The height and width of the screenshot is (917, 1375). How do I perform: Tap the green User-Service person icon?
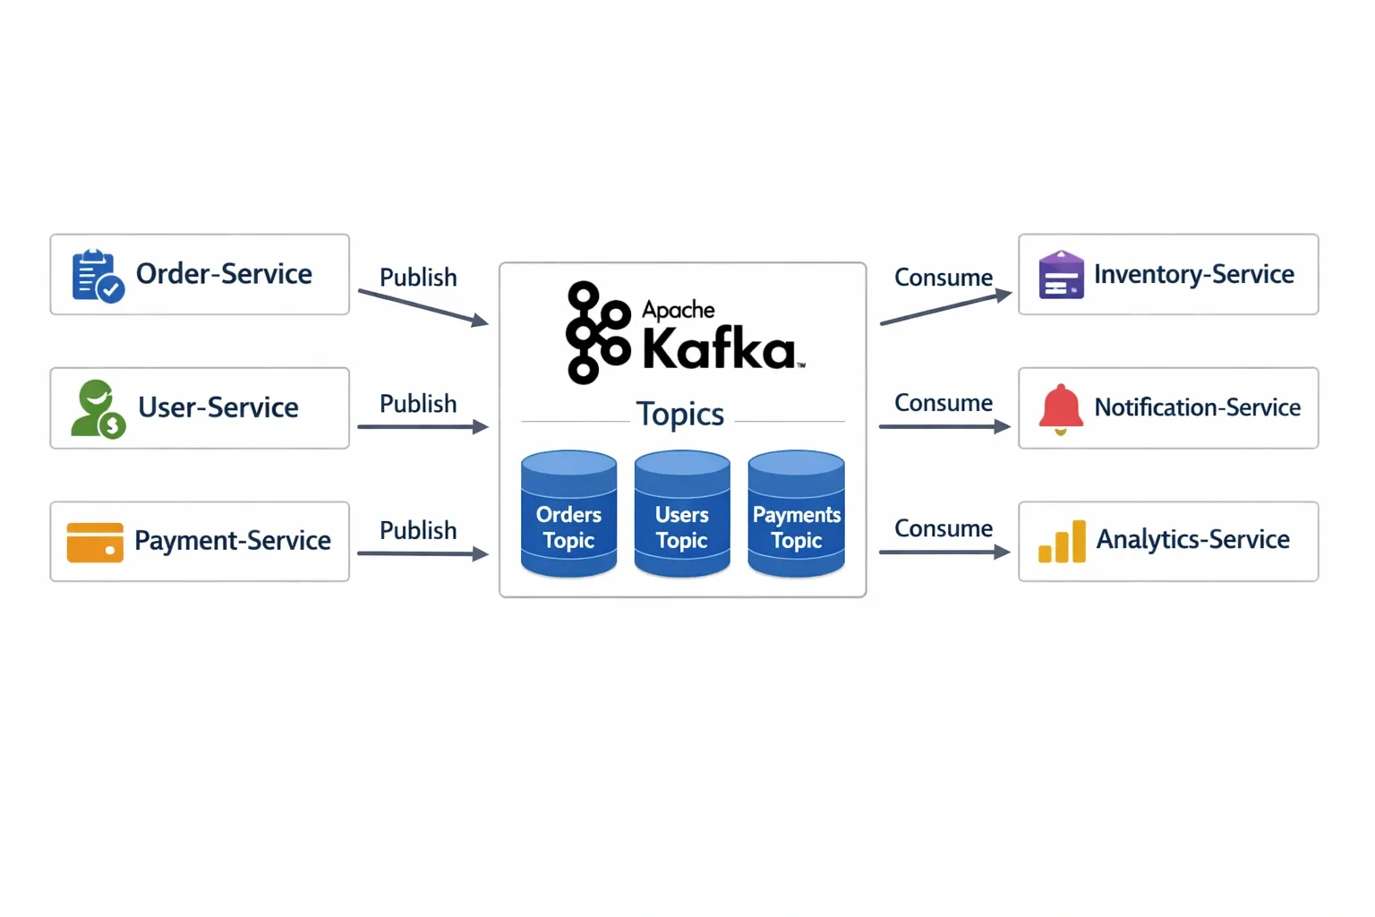point(98,409)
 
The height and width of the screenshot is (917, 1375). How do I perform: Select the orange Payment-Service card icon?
point(95,542)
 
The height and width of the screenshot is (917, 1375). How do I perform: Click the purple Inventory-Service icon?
point(1061,274)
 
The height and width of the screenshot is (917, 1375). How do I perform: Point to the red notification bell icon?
point(1061,408)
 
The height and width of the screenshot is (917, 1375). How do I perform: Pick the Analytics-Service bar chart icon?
point(1062,542)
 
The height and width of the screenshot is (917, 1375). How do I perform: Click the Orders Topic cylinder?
point(568,514)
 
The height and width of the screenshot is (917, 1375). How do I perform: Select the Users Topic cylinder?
point(682,514)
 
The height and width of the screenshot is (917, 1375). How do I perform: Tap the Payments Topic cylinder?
point(796,514)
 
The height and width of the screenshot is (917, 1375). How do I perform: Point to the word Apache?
point(679,310)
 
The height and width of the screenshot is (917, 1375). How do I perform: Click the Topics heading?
point(680,414)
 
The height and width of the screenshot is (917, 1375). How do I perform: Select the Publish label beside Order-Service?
point(418,278)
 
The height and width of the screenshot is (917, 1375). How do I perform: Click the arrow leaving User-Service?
point(423,427)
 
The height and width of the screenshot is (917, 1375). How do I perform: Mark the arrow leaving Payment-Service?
point(423,553)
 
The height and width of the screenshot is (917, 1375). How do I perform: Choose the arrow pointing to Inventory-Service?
point(945,307)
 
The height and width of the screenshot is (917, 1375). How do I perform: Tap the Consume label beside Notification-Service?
point(944,403)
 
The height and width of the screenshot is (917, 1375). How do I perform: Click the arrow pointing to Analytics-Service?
point(944,553)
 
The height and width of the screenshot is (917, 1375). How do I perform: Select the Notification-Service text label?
point(1197,407)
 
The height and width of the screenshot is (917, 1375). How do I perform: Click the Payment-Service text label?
point(233,541)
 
